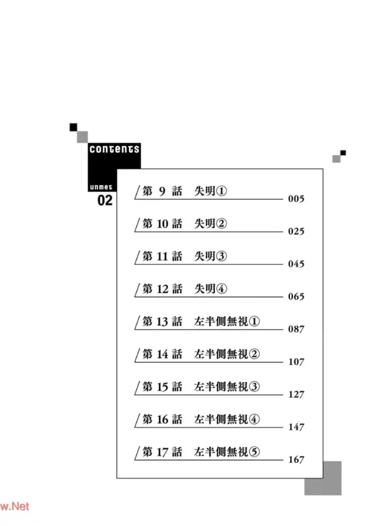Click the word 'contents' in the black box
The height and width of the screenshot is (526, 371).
tap(114, 149)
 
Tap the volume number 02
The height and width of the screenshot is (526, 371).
tap(105, 200)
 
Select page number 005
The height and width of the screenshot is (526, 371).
tap(296, 199)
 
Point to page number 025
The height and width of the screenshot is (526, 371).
tap(296, 232)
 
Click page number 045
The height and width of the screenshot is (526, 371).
tap(296, 264)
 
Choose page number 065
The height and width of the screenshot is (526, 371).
tap(296, 297)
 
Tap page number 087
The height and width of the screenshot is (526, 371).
tap(296, 329)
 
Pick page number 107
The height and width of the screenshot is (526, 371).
tap(296, 362)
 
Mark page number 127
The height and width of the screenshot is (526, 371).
tap(296, 394)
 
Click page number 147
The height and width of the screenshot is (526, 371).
tap(296, 427)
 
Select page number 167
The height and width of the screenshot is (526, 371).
tap(296, 460)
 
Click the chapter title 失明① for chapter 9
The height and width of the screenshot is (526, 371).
tap(210, 191)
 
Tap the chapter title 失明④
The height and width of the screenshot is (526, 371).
tap(210, 289)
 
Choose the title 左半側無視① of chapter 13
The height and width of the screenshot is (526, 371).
tap(227, 321)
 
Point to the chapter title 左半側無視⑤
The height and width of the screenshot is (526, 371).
tap(227, 452)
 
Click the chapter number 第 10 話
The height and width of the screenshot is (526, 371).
tap(162, 224)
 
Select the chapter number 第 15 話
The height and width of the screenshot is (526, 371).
tap(162, 387)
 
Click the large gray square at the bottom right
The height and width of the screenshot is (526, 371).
tap(323, 478)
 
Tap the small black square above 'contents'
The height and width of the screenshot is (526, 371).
tap(73, 127)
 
